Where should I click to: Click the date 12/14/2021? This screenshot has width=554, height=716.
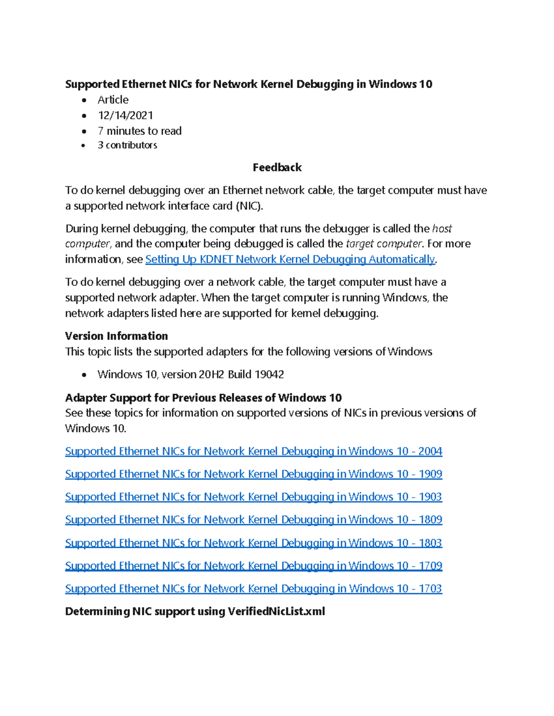click(125, 115)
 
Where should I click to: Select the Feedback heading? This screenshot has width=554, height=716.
click(277, 167)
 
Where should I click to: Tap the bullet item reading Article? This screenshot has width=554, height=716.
click(113, 100)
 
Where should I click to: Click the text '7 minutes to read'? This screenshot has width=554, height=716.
click(139, 131)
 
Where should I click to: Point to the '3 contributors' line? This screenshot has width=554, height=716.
click(127, 145)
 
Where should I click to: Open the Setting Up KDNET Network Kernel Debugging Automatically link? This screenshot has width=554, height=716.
click(290, 259)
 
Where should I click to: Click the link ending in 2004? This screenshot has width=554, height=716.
click(253, 451)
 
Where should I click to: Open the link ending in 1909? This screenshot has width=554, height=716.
click(253, 474)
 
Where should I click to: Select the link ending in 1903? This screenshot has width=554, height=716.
click(253, 497)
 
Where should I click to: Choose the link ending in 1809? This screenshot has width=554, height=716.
click(253, 520)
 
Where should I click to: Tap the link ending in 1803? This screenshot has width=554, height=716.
click(253, 543)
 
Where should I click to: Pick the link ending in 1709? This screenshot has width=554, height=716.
click(253, 566)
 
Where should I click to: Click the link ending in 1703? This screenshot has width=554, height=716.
click(253, 588)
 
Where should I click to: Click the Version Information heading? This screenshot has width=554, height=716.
click(116, 336)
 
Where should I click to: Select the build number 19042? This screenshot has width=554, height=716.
click(269, 374)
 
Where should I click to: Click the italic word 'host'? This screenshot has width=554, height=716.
click(442, 229)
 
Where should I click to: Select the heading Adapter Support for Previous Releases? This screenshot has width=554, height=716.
click(203, 397)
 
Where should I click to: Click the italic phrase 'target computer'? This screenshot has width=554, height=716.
click(384, 244)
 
